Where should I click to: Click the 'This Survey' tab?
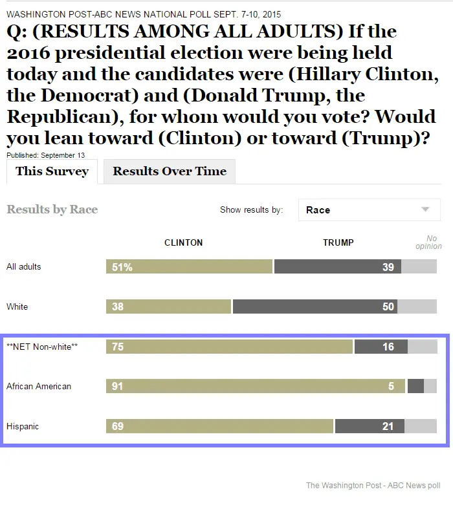tap(52, 171)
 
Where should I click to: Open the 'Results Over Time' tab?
tap(170, 171)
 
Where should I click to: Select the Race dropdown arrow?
tap(425, 210)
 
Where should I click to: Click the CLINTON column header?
tap(183, 242)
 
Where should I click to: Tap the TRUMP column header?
tap(338, 242)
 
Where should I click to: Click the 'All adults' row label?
tap(23, 266)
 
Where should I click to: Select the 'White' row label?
tap(17, 306)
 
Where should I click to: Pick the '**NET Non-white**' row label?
tap(42, 347)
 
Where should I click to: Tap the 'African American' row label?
tap(39, 386)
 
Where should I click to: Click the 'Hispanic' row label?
tap(22, 426)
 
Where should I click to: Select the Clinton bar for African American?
tap(256, 386)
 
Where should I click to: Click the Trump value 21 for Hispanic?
tap(388, 426)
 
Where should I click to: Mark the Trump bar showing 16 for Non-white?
tap(381, 347)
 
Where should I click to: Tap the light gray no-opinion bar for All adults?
tap(419, 266)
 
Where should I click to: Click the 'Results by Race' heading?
tap(52, 210)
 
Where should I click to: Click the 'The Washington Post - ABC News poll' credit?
tap(373, 485)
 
